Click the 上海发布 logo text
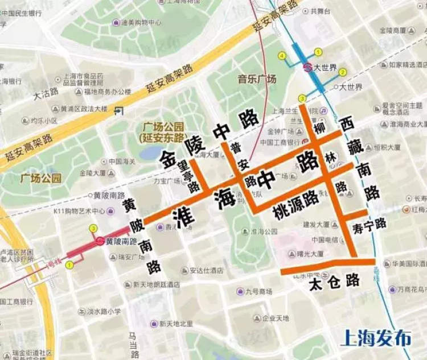coord(376,338)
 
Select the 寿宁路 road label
coord(369,224)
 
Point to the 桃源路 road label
coord(295,198)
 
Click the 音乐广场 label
coord(257,79)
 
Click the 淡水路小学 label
coord(99,312)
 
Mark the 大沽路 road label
coord(46,91)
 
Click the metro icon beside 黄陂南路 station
coord(100,241)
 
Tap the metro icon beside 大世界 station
coord(307,67)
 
